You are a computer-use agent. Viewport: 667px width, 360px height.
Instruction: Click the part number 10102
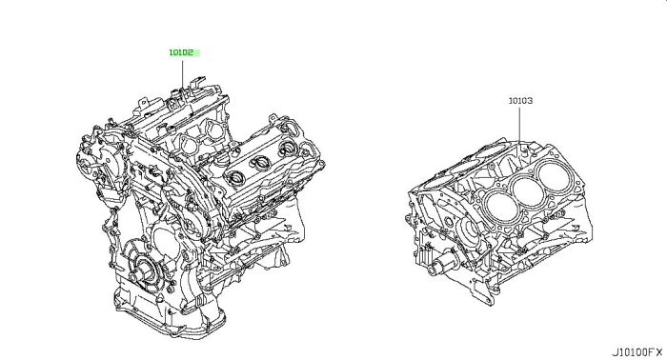181,52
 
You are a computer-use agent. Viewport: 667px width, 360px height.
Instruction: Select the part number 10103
520,101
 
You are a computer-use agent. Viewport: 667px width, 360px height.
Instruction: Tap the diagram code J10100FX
637,352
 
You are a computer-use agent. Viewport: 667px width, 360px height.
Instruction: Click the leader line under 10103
520,124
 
